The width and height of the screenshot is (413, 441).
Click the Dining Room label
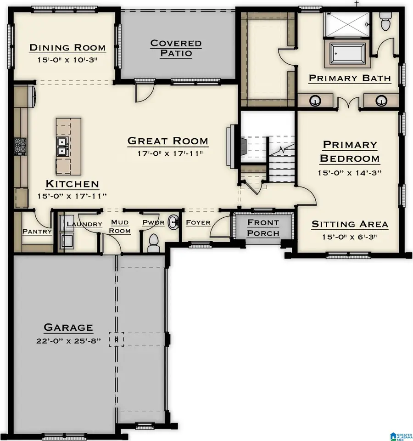pyautogui.click(x=67, y=48)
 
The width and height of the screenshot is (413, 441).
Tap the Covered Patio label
pyautogui.click(x=176, y=48)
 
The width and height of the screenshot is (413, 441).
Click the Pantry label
pyautogui.click(x=37, y=232)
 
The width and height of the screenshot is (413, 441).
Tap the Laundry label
pyautogui.click(x=84, y=224)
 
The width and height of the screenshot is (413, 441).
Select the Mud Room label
pyautogui.click(x=120, y=227)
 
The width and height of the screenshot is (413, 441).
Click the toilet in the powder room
pyautogui.click(x=154, y=242)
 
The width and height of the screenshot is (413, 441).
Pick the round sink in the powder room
pyautogui.click(x=173, y=222)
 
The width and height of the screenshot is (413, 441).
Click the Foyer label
pyautogui.click(x=198, y=223)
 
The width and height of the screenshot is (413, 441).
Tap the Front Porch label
pyautogui.click(x=263, y=227)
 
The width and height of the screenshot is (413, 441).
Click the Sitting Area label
pyautogui.click(x=350, y=225)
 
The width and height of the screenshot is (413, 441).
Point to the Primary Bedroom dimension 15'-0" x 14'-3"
pyautogui.click(x=350, y=173)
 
